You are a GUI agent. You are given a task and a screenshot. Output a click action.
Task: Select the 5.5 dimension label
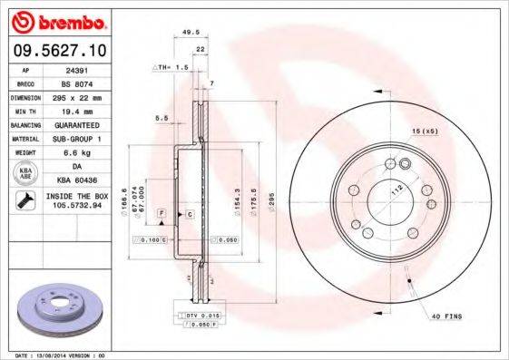tap(162, 118)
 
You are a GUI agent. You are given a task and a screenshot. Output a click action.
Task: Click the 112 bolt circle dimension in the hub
tap(396, 194)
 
